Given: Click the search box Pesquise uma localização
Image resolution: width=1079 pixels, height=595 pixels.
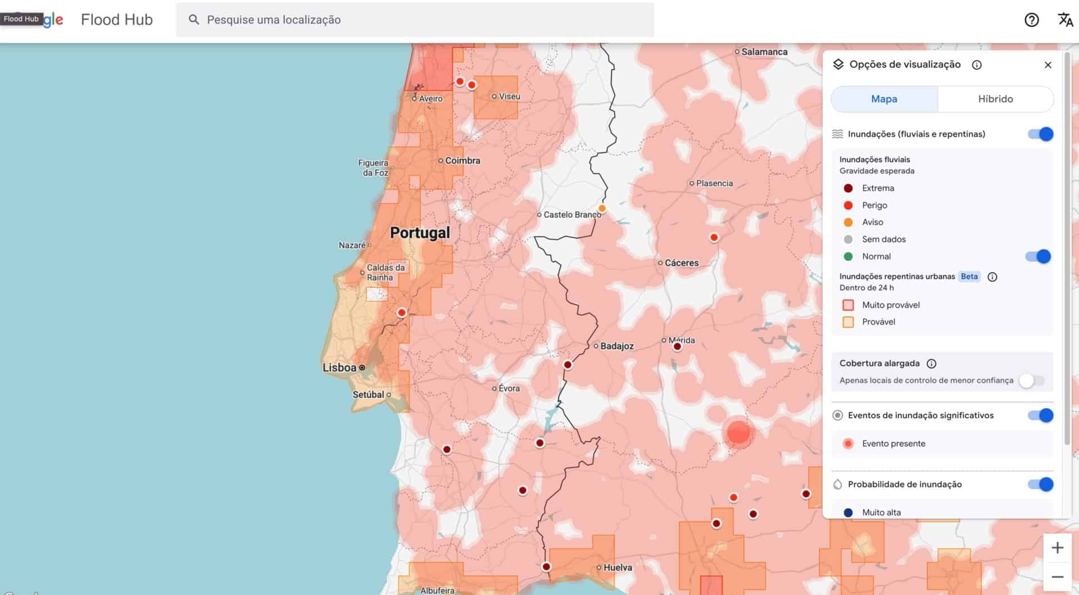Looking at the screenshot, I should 416,20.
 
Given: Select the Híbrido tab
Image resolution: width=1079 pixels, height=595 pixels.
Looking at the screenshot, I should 995,99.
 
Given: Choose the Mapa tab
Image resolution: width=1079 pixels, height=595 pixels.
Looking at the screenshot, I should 884,99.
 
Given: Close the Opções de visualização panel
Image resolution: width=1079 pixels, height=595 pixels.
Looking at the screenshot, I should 1048,65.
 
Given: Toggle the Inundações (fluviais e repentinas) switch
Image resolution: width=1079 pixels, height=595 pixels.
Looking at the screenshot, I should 1041,134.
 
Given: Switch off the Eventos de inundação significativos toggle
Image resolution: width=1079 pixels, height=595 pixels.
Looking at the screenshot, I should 1041,416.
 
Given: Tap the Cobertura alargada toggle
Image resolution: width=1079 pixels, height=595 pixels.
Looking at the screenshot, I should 1032,380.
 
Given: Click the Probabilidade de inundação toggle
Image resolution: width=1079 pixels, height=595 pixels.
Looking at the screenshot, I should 1041,484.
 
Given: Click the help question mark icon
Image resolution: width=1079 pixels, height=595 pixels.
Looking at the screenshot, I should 1031,20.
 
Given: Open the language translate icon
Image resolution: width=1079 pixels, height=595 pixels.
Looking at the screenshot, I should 1065,20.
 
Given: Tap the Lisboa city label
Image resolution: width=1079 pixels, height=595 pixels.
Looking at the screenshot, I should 339,367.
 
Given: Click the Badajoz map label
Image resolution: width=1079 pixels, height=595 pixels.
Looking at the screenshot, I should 616,346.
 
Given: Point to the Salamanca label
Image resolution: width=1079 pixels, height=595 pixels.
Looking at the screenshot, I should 764,52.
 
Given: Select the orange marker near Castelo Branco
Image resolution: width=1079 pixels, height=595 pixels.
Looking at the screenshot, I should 602,208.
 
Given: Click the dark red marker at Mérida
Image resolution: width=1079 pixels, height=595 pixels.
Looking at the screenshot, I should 677,347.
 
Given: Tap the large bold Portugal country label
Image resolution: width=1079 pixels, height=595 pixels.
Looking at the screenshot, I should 420,233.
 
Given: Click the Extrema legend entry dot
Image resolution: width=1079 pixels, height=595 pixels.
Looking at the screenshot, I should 848,188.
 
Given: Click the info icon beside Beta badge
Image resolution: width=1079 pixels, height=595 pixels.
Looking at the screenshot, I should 992,277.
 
